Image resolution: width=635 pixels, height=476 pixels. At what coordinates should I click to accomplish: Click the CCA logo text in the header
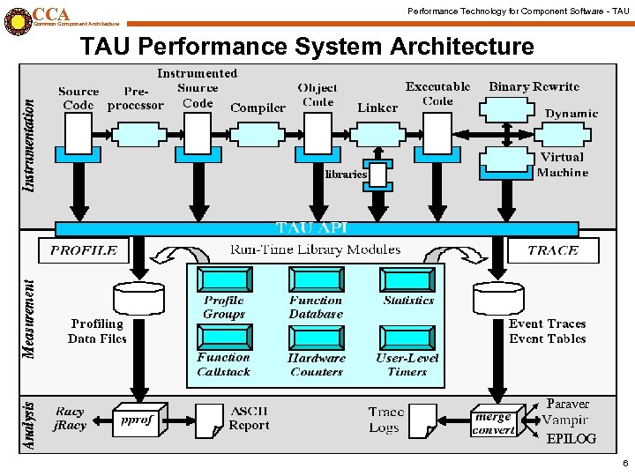(x=50, y=15)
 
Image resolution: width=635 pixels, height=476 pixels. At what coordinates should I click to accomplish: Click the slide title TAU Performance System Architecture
(x=307, y=46)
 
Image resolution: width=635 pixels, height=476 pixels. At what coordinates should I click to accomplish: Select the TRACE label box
(x=552, y=250)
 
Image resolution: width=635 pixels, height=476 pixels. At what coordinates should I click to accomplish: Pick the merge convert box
(x=493, y=423)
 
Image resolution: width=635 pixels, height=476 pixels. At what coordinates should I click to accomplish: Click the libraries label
(x=345, y=175)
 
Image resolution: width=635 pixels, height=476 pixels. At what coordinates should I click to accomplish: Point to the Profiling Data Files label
(x=97, y=331)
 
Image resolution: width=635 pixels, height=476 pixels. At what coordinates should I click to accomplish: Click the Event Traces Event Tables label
(x=547, y=331)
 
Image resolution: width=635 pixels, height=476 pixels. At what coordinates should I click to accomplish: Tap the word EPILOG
(x=571, y=439)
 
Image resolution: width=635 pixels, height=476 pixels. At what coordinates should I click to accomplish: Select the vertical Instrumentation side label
(x=29, y=145)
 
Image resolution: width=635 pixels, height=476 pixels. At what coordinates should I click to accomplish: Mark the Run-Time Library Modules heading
(x=315, y=250)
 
